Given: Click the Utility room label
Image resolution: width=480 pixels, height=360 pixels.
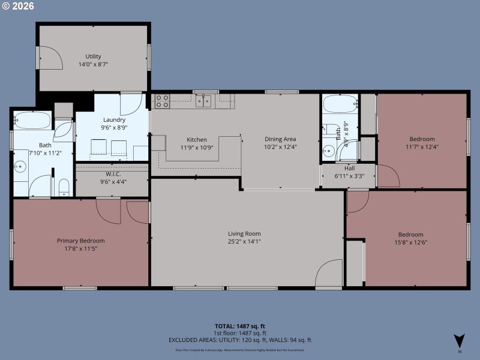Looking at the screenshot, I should tap(93, 56).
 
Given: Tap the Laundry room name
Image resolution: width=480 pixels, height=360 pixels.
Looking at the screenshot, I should tap(114, 119).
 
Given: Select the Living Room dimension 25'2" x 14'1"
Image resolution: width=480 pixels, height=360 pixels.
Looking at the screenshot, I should tap(244, 242).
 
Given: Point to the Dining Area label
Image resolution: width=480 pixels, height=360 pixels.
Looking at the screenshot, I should tap(280, 139).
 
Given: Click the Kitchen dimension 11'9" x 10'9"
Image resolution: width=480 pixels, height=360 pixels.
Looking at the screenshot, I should tap(197, 147).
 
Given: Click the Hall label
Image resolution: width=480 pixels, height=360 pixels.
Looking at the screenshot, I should tap(349, 169).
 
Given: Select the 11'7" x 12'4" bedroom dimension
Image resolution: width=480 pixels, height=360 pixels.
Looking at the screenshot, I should tap(420, 147).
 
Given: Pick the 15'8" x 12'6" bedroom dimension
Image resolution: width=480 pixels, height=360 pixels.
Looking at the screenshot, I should tap(411, 242).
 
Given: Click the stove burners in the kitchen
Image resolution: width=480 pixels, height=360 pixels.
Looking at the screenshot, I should tap(162, 101).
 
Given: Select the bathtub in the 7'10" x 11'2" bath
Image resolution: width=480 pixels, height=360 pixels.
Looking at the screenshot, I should tap(33, 120).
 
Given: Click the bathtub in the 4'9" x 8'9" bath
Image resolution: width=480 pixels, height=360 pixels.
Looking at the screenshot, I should tap(340, 104).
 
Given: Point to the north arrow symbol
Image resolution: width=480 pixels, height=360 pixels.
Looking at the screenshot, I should tap(459, 340).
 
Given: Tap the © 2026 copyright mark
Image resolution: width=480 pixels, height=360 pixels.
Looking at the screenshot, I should tap(19, 7).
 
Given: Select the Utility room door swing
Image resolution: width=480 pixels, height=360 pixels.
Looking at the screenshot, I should tap(49, 57).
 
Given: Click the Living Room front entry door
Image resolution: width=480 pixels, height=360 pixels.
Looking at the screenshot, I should tap(329, 275).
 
